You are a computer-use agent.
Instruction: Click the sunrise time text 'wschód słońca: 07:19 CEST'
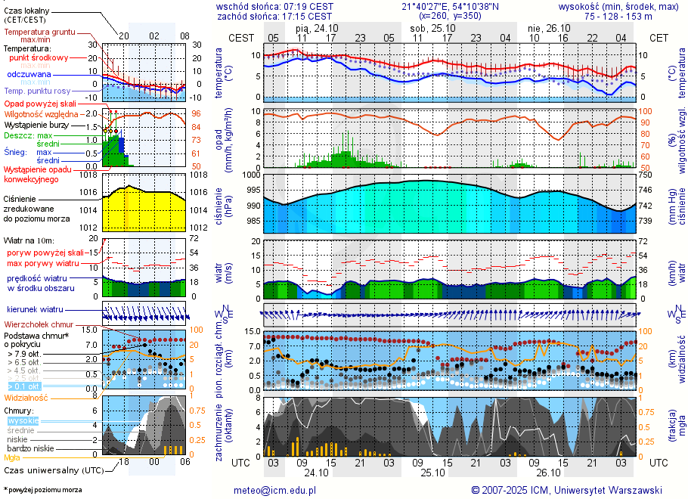coord(274,5)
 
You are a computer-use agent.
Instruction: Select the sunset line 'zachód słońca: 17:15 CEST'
coord(274,15)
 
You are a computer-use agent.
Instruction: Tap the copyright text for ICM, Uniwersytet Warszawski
coord(566,490)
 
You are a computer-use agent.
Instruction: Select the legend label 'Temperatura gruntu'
coord(39,33)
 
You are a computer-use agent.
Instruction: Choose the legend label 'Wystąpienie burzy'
coord(39,124)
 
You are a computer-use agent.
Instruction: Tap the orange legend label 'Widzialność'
coord(26,397)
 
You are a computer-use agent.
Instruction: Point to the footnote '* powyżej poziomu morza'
coord(42,490)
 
